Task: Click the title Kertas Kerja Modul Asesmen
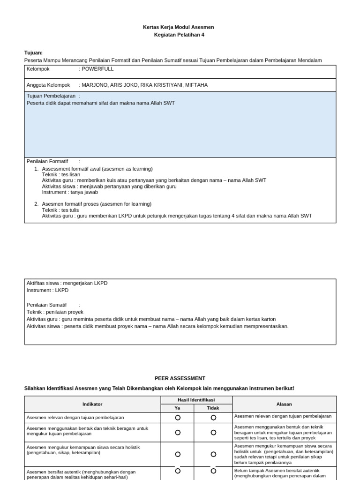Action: click(178, 27)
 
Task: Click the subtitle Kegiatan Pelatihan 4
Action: click(179, 35)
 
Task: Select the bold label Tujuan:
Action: click(33, 52)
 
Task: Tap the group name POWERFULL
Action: click(97, 68)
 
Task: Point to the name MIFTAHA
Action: click(196, 85)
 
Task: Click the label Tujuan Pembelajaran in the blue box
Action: click(51, 96)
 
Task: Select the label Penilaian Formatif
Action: click(47, 161)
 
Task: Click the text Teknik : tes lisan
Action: click(61, 174)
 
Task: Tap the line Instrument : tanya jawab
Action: click(70, 192)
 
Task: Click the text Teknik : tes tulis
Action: click(60, 210)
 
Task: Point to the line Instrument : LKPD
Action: click(47, 290)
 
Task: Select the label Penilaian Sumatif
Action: click(46, 305)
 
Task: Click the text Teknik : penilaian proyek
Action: click(55, 312)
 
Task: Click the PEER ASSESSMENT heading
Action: click(180, 378)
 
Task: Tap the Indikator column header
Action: click(92, 404)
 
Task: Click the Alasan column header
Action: click(284, 404)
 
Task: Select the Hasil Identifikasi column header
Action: click(195, 400)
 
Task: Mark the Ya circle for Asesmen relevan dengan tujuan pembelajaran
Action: click(178, 417)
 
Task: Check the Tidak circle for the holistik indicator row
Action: click(213, 454)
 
